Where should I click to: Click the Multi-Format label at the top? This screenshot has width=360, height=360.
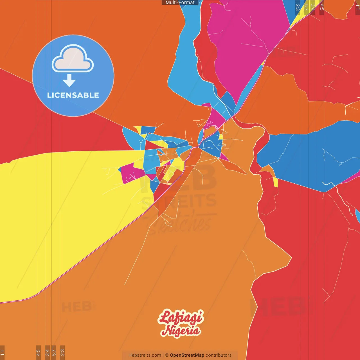[180, 3]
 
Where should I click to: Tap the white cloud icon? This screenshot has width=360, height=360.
[73, 58]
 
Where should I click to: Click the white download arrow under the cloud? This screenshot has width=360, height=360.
[69, 80]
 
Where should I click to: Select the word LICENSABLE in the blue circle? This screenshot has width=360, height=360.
[73, 95]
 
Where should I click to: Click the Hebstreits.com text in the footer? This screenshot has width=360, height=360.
[145, 355]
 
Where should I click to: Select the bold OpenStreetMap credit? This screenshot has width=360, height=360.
[187, 355]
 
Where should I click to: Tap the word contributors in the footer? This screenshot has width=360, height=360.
[219, 355]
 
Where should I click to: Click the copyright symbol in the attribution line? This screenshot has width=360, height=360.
[166, 355]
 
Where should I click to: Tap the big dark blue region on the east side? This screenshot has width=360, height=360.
[307, 157]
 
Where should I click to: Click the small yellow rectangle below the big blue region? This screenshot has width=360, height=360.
[276, 183]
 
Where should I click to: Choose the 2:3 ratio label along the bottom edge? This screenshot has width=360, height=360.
[62, 352]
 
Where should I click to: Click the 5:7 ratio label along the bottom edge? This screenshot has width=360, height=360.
[54, 352]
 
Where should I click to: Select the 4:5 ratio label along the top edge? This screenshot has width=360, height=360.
[321, 7]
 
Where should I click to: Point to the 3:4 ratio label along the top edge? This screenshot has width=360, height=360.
[312, 7]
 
